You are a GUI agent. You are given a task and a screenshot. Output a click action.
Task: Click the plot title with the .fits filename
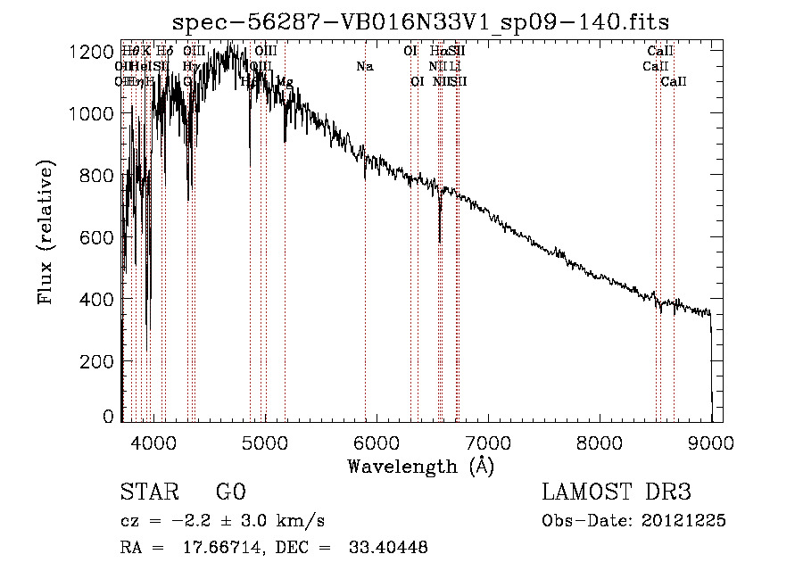[420, 21]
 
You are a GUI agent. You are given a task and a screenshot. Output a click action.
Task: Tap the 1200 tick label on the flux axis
[89, 52]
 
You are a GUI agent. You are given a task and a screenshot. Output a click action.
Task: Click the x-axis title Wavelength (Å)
[420, 466]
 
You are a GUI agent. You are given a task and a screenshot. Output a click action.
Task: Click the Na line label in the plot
[364, 66]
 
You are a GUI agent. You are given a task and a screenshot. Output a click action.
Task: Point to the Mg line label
[284, 82]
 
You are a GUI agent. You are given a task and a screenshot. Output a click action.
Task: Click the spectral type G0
[230, 493]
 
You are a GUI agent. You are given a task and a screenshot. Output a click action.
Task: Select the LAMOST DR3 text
[617, 493]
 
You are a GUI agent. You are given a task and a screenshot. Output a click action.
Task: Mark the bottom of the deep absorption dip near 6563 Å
[440, 241]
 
